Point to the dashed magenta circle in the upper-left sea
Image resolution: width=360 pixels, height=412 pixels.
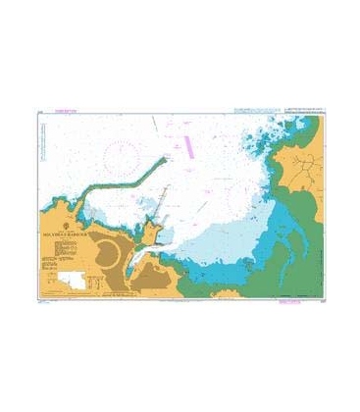(124, 156)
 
